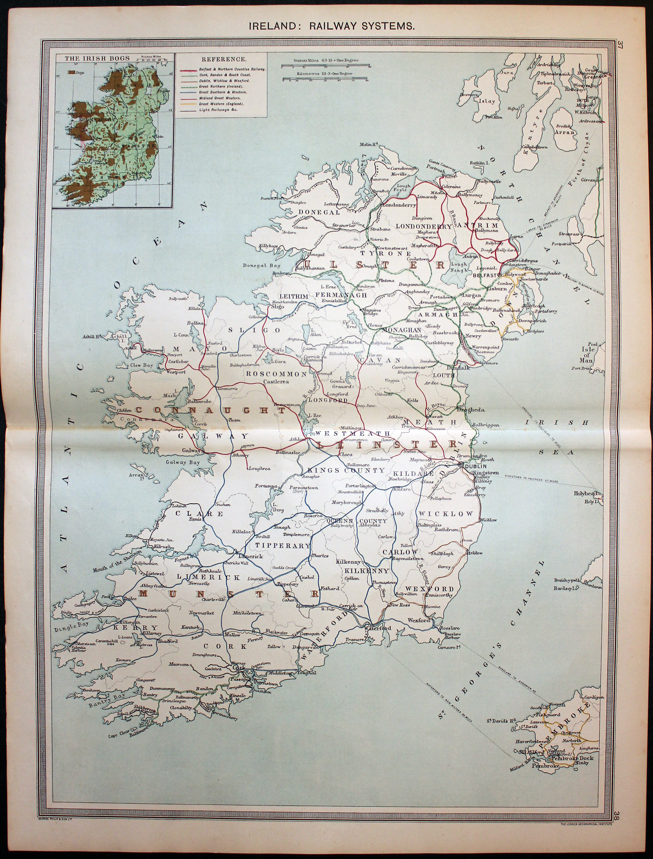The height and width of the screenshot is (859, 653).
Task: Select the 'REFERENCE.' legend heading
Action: [223, 60]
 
